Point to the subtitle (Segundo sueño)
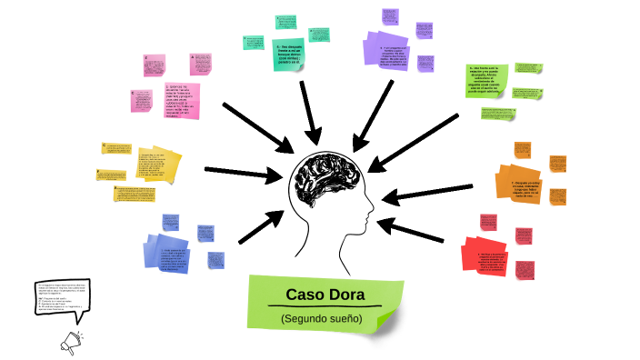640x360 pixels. tap(321, 319)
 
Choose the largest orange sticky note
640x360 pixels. tap(519, 185)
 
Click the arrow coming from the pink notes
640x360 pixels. tap(254, 123)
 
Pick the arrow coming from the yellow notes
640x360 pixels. tap(240, 170)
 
